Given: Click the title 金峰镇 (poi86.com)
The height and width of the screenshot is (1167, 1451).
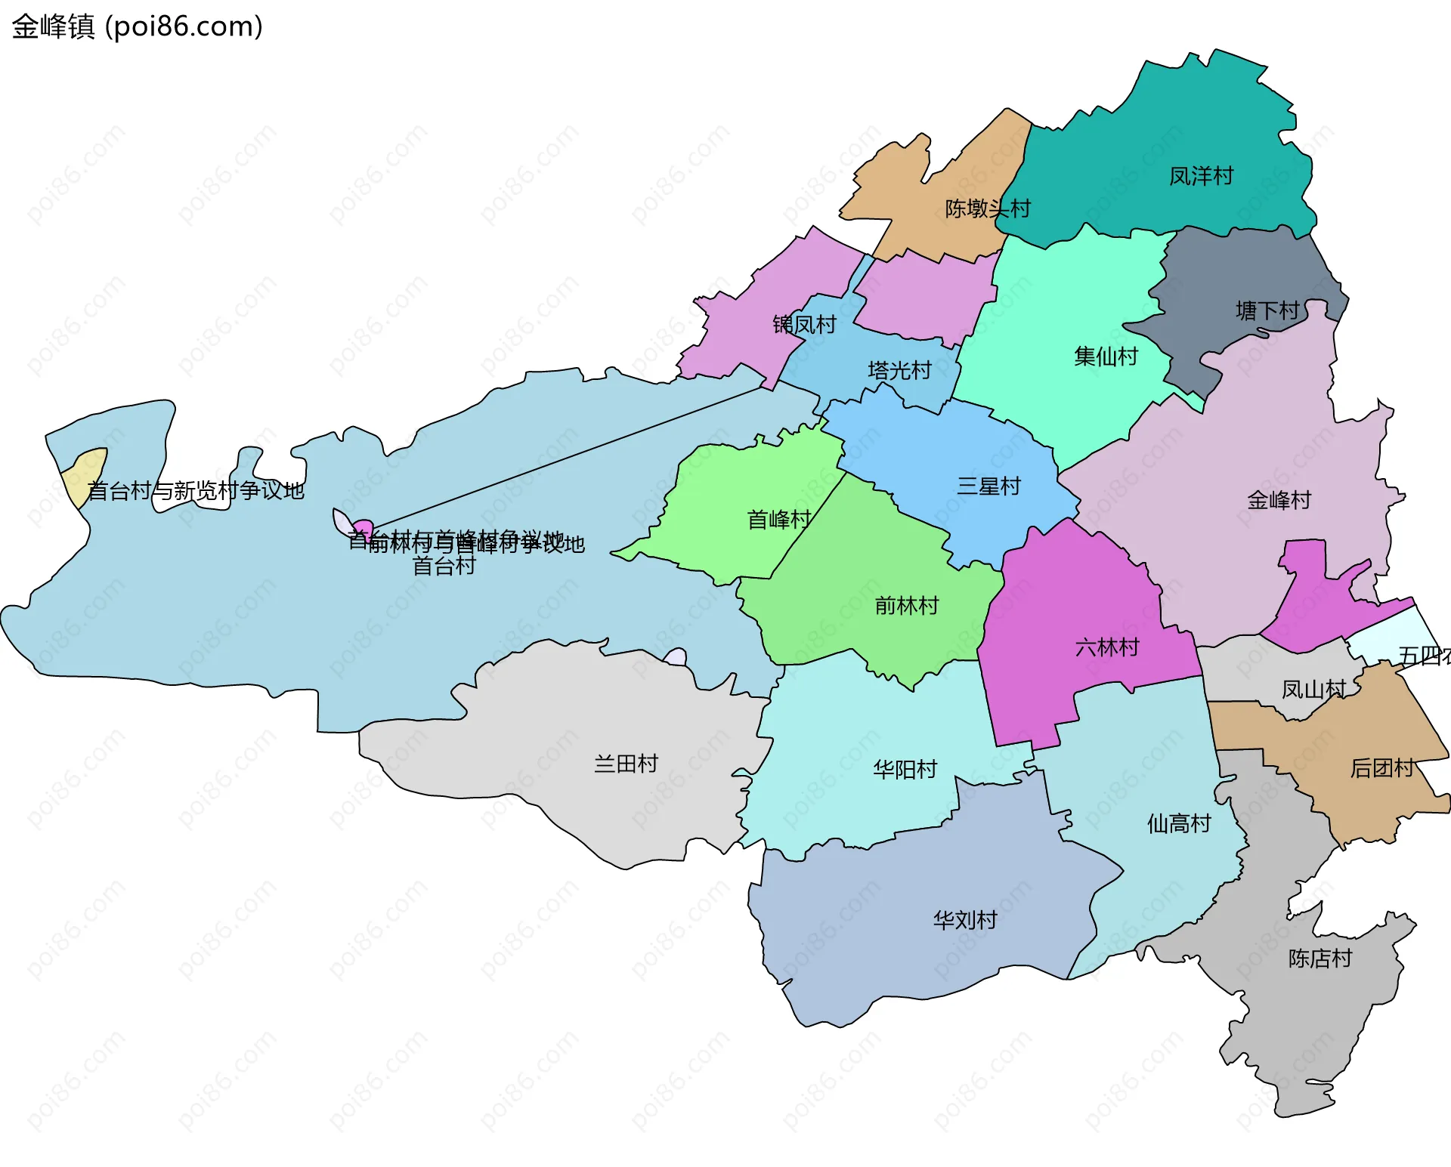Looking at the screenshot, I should click(137, 26).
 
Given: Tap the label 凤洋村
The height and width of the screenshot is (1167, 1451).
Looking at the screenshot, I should click(1201, 176).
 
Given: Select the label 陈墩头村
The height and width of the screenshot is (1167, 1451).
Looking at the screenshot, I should click(988, 208).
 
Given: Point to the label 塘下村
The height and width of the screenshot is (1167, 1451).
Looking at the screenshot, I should click(1267, 310).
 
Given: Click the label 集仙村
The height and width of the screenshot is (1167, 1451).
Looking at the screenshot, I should click(1106, 357).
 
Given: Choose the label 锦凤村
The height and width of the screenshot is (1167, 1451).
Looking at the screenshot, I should click(804, 325).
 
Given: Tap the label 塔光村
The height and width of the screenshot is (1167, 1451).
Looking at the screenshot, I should click(899, 370).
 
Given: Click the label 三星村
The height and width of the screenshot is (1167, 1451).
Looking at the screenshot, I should click(988, 486).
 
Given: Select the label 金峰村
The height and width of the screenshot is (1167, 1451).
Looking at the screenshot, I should click(1279, 500).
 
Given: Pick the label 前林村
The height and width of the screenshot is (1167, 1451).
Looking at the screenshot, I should click(906, 606).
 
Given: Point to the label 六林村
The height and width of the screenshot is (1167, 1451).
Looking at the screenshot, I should click(1106, 647).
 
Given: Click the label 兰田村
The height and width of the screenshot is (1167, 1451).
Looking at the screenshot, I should click(626, 764).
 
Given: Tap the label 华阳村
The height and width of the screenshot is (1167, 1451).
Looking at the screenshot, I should click(905, 770).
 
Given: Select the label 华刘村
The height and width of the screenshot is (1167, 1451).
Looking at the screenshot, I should click(965, 920).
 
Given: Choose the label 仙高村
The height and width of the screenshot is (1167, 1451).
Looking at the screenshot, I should click(1179, 823).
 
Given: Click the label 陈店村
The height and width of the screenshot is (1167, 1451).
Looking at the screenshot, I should click(1320, 959).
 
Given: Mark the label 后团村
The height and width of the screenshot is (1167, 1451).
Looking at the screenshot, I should click(1381, 768).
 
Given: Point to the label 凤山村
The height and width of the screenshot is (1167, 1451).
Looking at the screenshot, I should click(1313, 690).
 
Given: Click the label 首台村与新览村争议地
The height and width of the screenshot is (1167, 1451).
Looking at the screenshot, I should click(196, 491).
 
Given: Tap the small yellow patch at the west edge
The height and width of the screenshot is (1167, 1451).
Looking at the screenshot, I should click(85, 476).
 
